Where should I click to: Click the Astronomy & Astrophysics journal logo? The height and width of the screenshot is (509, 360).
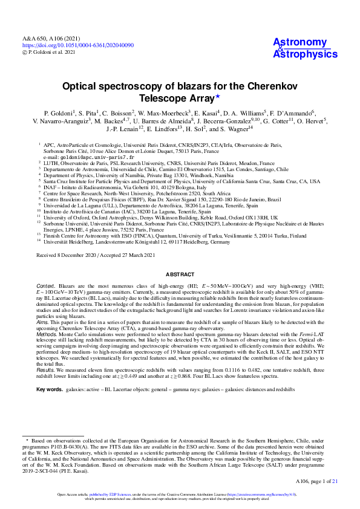301,48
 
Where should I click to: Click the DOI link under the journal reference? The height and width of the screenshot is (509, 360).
78,45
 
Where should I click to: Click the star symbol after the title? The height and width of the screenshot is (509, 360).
218,97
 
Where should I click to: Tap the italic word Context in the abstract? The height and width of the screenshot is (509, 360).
46,285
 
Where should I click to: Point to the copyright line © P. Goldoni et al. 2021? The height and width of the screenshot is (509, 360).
52,53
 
